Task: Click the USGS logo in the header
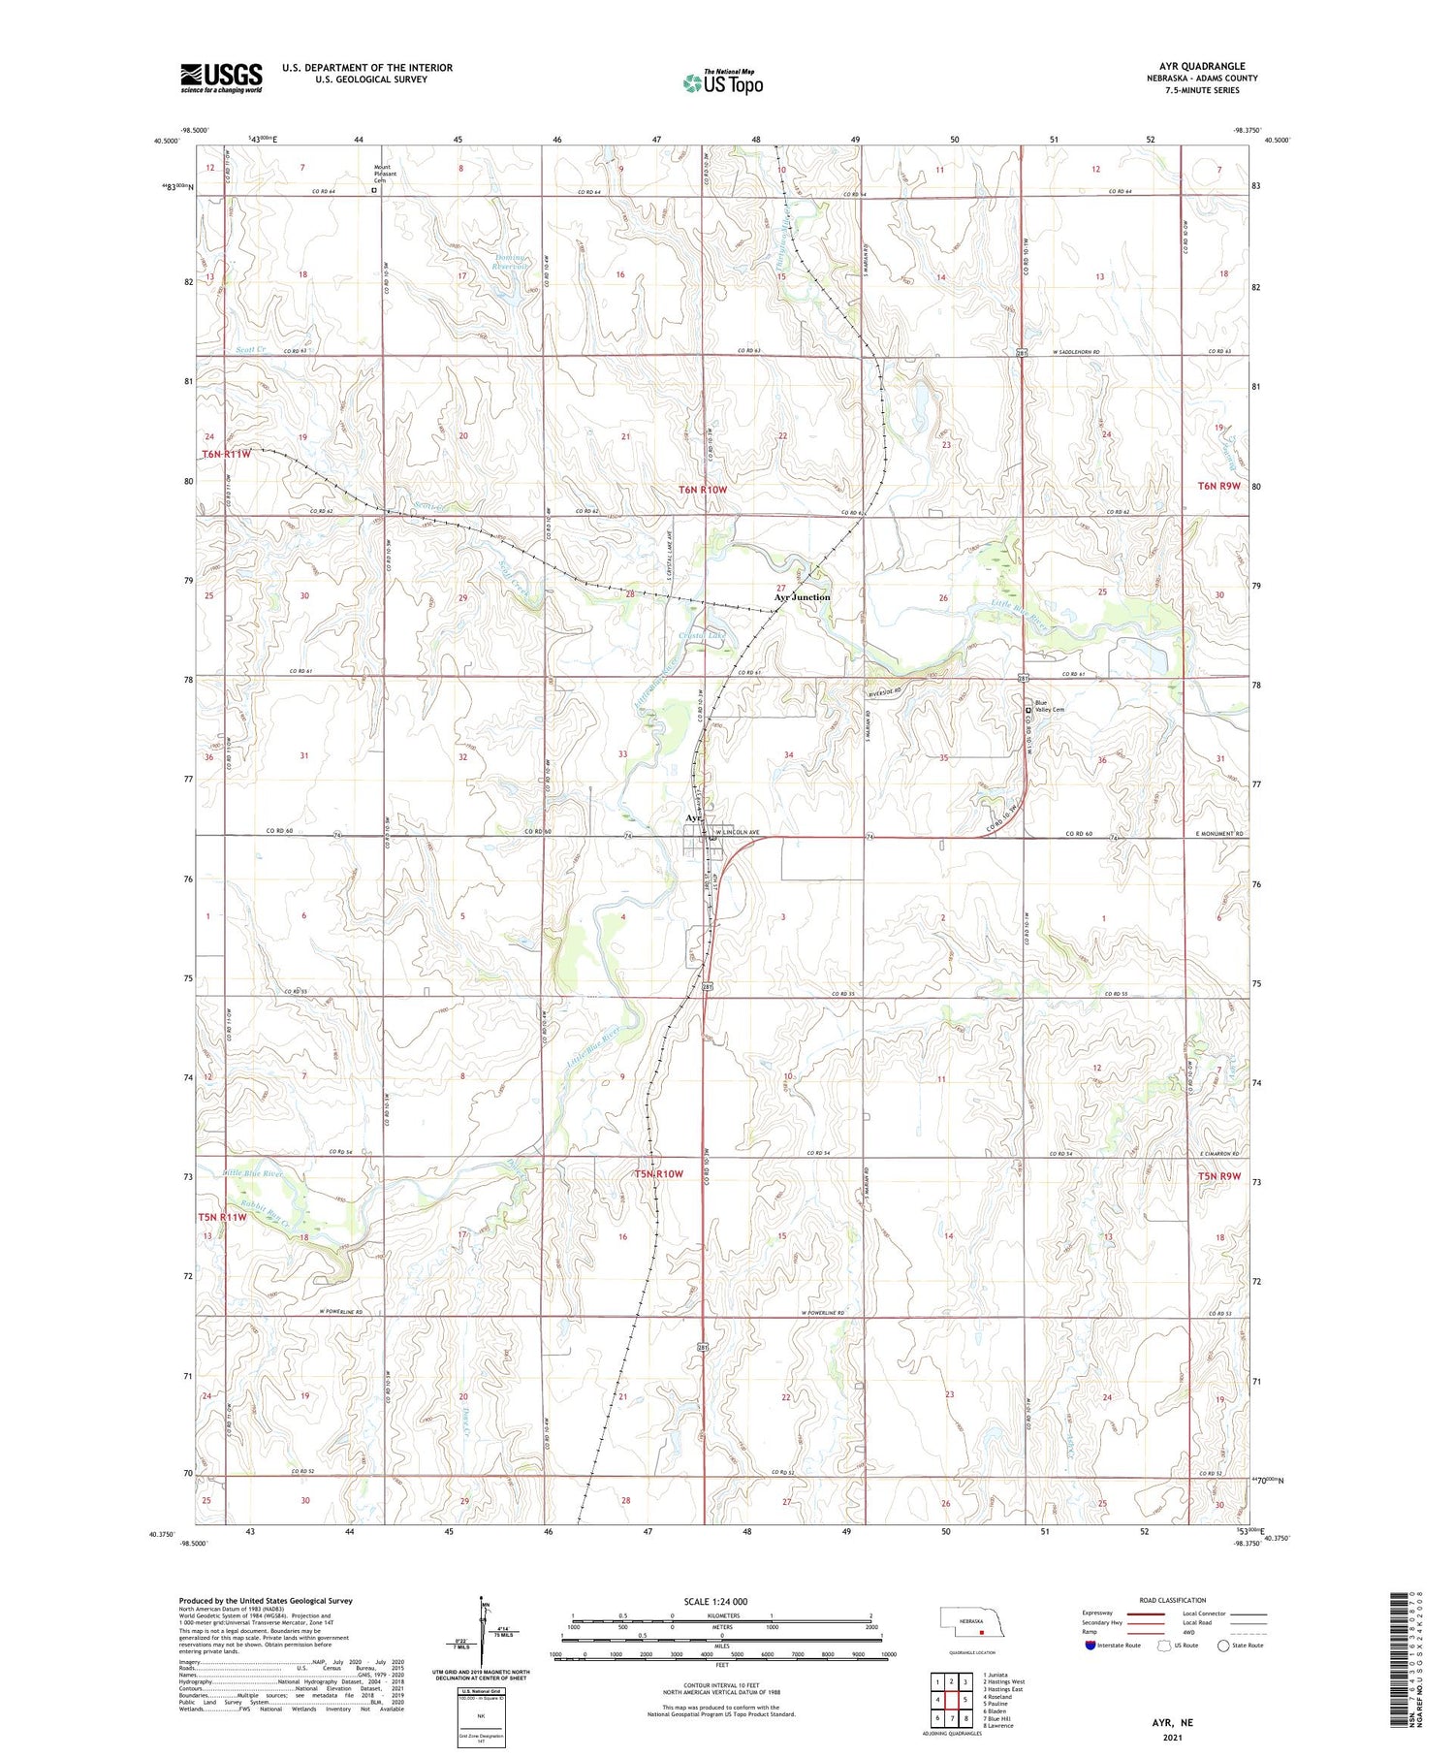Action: coord(221,78)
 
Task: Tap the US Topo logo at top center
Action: coord(723,82)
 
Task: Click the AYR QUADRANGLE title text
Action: coord(1202,66)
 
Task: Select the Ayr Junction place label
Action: coord(802,597)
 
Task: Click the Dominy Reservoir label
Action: coord(510,263)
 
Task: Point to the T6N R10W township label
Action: coord(702,490)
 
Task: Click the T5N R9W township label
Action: coord(1219,1176)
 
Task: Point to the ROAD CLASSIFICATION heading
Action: coord(1173,1600)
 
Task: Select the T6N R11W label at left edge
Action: coord(226,454)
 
